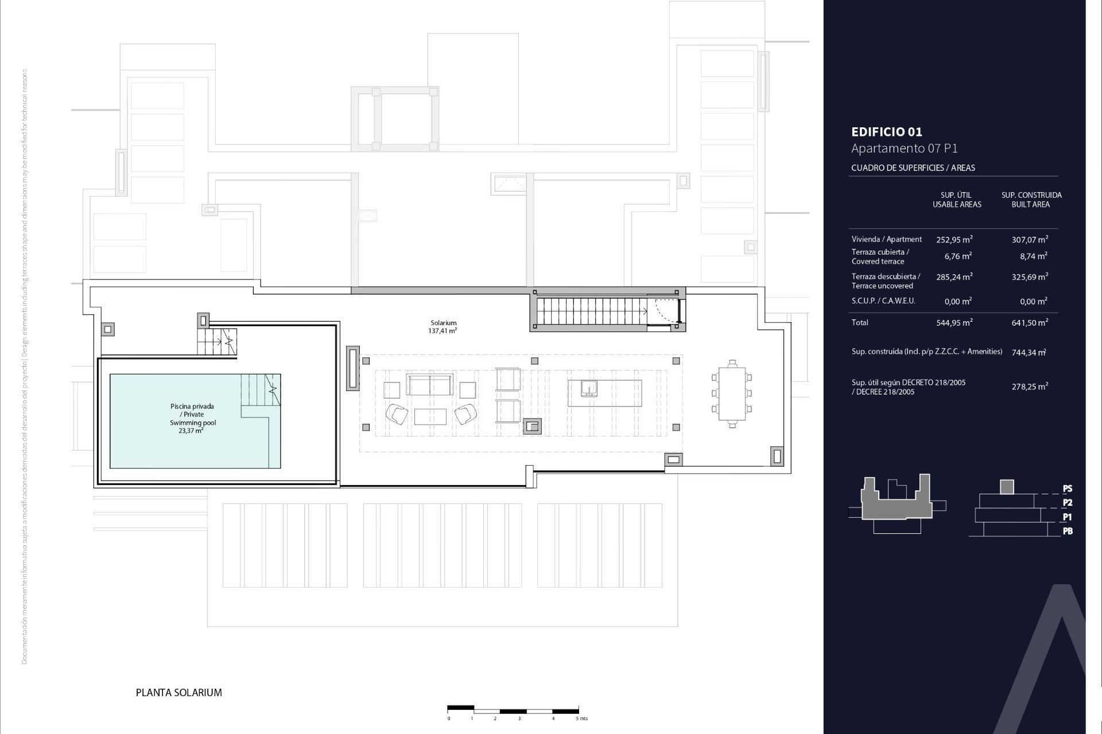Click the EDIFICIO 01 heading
tap(886, 132)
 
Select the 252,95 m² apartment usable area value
tap(954, 240)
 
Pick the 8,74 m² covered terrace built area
tap(1030, 256)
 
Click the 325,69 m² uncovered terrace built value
tap(1030, 277)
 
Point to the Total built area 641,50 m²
tap(1030, 323)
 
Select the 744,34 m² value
tap(1029, 353)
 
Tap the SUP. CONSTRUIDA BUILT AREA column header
tap(1031, 200)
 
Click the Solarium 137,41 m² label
tap(443, 327)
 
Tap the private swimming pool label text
tap(192, 418)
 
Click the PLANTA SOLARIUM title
tap(179, 693)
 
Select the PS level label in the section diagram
tap(1067, 489)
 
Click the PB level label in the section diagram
tap(1067, 532)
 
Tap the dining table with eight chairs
tap(732, 393)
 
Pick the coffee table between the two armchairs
tap(430, 416)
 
